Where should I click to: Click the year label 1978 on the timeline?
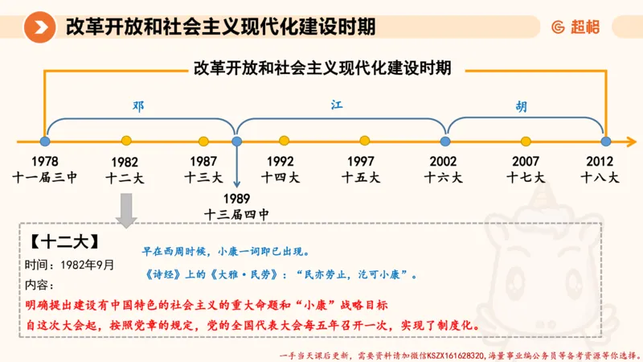(45, 161)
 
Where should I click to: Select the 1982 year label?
(125, 162)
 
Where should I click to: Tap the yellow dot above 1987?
(204, 141)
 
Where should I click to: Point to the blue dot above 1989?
(236, 141)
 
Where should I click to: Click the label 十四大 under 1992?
(281, 177)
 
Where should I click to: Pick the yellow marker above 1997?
(361, 141)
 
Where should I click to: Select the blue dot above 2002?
(444, 141)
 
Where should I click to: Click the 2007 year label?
(526, 161)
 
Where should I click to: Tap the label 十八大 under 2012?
(601, 177)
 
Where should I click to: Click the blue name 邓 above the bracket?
(138, 106)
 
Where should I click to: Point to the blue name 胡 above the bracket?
(522, 107)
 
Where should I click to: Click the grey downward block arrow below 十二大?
(126, 212)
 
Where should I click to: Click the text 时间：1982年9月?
(69, 265)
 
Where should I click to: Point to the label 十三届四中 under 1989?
(236, 215)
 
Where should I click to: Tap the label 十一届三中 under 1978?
(45, 177)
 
